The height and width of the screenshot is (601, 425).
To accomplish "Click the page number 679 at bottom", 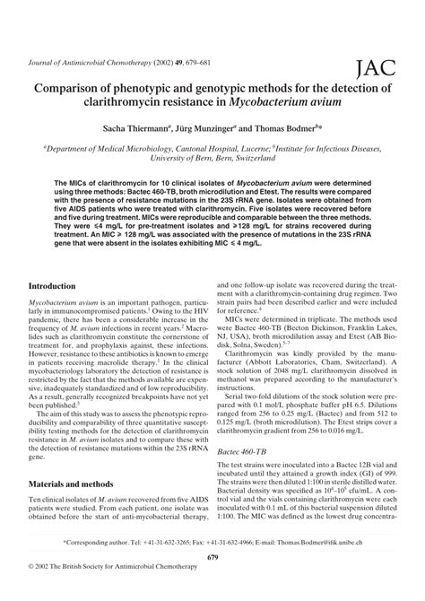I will [212, 561].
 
